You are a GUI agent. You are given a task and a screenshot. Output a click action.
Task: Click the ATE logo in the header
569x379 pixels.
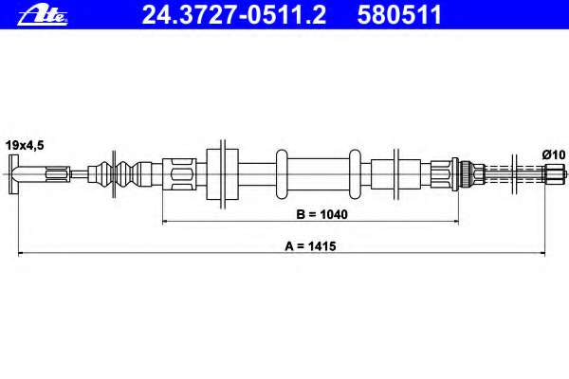click(43, 15)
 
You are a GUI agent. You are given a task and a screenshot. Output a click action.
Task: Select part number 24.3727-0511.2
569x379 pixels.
click(233, 15)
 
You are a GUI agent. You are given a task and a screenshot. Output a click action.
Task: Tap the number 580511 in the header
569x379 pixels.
click(399, 15)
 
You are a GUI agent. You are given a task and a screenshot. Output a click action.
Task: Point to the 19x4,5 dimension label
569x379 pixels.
click(25, 145)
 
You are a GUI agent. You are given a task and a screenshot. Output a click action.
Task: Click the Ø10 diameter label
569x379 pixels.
click(554, 154)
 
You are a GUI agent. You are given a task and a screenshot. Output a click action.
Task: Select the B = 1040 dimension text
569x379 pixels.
click(321, 214)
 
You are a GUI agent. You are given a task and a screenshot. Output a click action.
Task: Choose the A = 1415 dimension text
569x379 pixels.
click(310, 246)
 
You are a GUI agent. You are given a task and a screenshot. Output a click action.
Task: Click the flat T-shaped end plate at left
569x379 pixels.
click(14, 174)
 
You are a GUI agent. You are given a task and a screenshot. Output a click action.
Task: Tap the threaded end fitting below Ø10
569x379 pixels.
click(555, 173)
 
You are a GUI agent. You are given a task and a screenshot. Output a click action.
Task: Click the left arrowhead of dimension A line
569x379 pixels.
click(21, 253)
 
